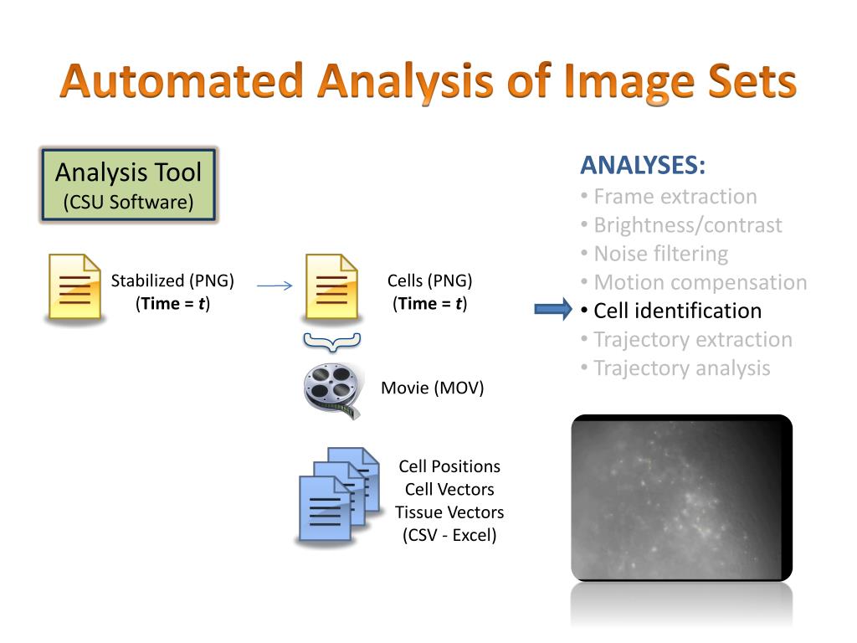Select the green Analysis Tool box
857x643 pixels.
(129, 185)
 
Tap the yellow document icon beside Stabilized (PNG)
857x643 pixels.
(73, 287)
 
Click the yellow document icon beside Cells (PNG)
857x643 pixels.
(331, 287)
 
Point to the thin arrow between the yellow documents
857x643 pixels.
(274, 286)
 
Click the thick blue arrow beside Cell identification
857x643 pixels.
(552, 311)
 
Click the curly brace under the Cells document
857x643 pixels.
(331, 340)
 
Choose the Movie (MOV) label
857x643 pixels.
(433, 388)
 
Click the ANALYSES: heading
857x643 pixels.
(643, 166)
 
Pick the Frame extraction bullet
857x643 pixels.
(675, 197)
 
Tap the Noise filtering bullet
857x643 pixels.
(660, 254)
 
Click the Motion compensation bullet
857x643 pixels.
(700, 282)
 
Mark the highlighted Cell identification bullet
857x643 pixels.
(677, 311)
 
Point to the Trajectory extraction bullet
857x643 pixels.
(692, 339)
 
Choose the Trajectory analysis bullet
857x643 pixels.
(681, 368)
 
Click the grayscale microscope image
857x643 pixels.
(681, 497)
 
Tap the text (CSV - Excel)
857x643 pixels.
(449, 535)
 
